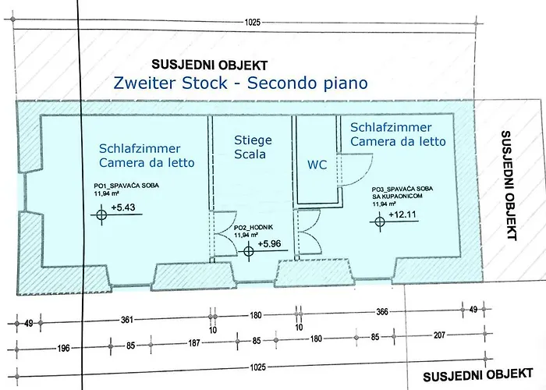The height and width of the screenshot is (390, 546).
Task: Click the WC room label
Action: click(x=317, y=165)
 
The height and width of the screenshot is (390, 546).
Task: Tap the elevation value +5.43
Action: click(x=123, y=207)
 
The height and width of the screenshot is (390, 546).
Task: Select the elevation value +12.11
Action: click(x=402, y=214)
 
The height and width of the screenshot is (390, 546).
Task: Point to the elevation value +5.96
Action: click(x=269, y=243)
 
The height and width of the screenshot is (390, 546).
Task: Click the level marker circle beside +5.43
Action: click(x=101, y=214)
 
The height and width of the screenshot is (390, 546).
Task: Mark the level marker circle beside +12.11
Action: click(x=380, y=222)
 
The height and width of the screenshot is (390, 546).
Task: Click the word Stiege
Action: click(x=253, y=140)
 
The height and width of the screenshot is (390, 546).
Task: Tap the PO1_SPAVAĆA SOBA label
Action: click(x=126, y=186)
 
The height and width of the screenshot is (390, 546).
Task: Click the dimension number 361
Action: click(x=126, y=319)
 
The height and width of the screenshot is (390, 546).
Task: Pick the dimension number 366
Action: click(x=382, y=312)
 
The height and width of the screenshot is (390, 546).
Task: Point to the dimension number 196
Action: click(x=63, y=348)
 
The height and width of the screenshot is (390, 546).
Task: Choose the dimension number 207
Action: click(x=439, y=335)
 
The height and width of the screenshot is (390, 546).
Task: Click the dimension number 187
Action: click(x=194, y=343)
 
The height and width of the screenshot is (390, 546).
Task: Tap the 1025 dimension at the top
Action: click(x=253, y=23)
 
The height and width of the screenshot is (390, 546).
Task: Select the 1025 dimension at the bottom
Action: click(x=257, y=367)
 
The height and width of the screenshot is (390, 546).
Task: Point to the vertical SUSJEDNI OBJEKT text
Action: click(x=509, y=186)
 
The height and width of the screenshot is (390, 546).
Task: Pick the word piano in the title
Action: click(x=346, y=84)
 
